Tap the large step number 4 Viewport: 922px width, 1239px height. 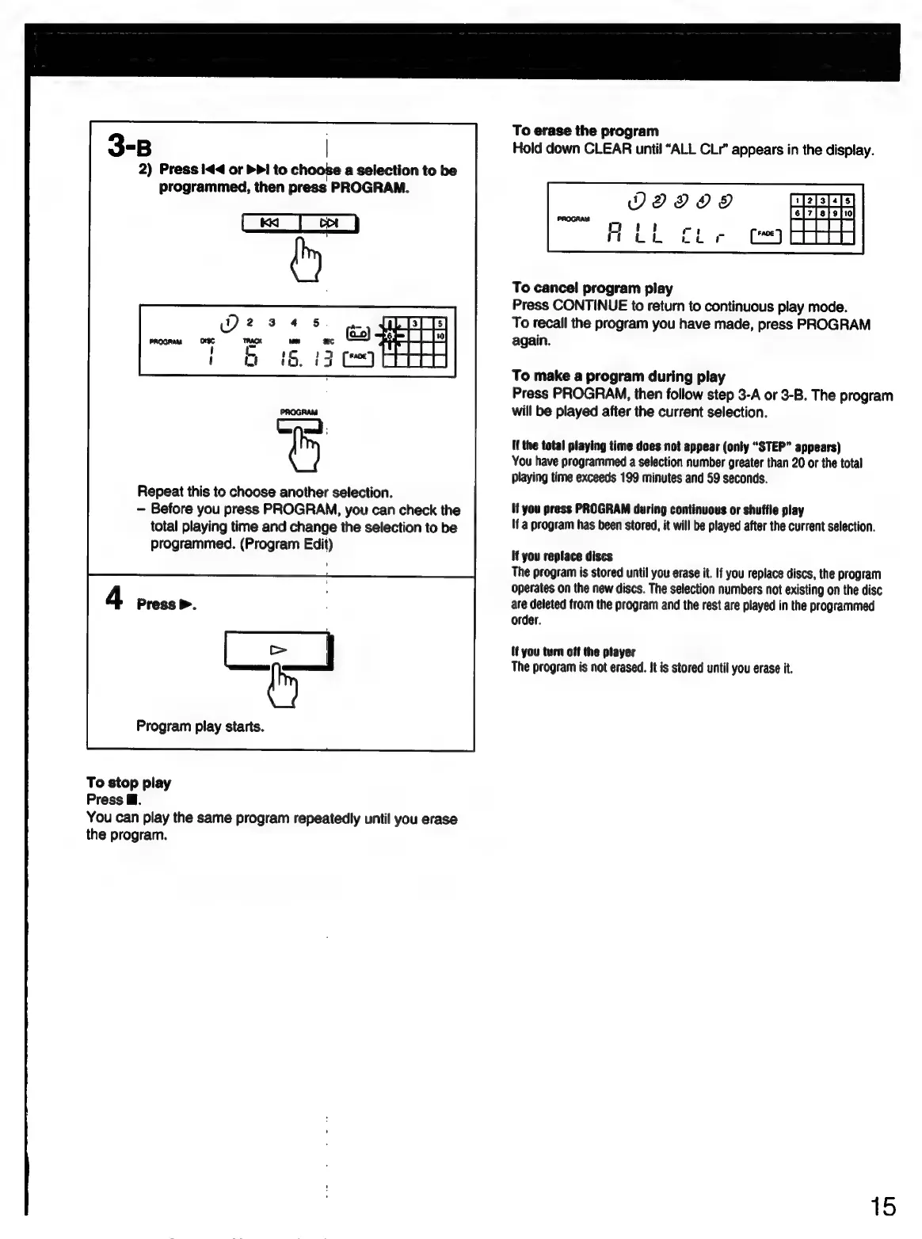point(115,598)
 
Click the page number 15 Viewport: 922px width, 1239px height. point(883,1207)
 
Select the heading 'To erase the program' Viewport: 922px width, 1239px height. point(585,131)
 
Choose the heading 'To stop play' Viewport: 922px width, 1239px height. point(128,783)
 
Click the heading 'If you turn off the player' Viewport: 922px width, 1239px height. point(573,652)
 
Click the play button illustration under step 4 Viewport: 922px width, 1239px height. point(277,650)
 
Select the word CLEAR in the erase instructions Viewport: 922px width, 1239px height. point(606,149)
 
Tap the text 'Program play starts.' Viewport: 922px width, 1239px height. point(200,726)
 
